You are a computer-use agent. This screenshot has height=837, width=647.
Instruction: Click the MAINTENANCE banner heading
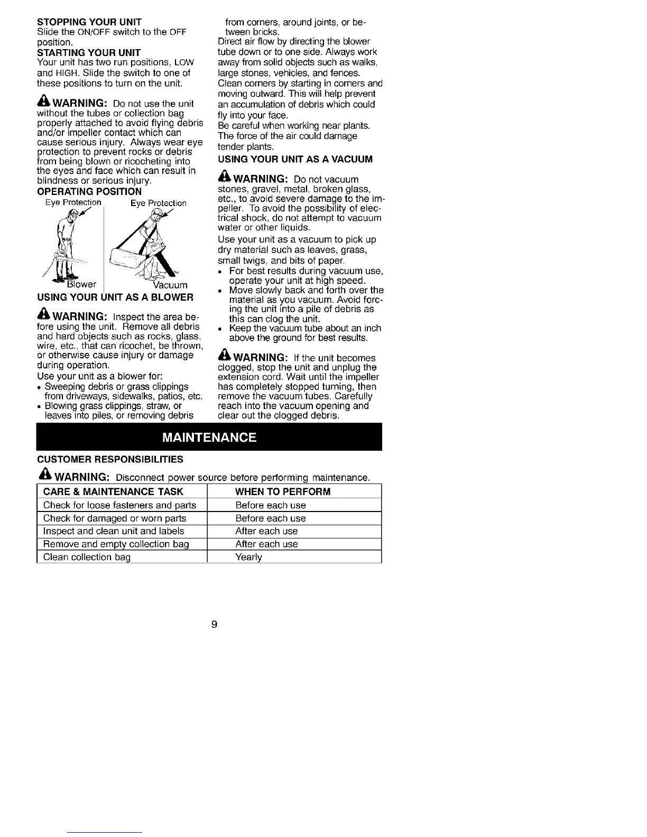pos(209,438)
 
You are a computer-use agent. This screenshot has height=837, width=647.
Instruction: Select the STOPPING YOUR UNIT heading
pos(89,22)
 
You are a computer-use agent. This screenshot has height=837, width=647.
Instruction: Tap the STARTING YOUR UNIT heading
pos(89,52)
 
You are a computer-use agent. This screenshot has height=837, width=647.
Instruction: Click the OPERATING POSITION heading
pos(89,191)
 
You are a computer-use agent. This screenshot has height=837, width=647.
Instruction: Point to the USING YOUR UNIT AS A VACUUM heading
pos(295,159)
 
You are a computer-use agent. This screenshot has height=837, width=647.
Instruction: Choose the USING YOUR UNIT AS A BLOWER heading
pos(115,297)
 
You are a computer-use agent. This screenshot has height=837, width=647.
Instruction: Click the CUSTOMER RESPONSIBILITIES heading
pos(110,459)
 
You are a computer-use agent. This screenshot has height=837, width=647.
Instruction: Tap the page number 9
pos(214,624)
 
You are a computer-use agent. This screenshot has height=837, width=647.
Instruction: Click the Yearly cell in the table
pos(248,557)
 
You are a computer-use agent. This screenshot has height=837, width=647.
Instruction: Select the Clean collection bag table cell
pos(87,557)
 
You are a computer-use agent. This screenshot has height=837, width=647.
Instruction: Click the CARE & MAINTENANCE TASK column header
pos(113,491)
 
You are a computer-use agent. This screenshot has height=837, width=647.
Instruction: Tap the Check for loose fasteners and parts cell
pos(119,505)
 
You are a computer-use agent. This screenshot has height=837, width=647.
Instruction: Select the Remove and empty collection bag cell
pos(116,544)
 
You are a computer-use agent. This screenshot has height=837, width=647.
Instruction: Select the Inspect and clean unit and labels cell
pos(114,531)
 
